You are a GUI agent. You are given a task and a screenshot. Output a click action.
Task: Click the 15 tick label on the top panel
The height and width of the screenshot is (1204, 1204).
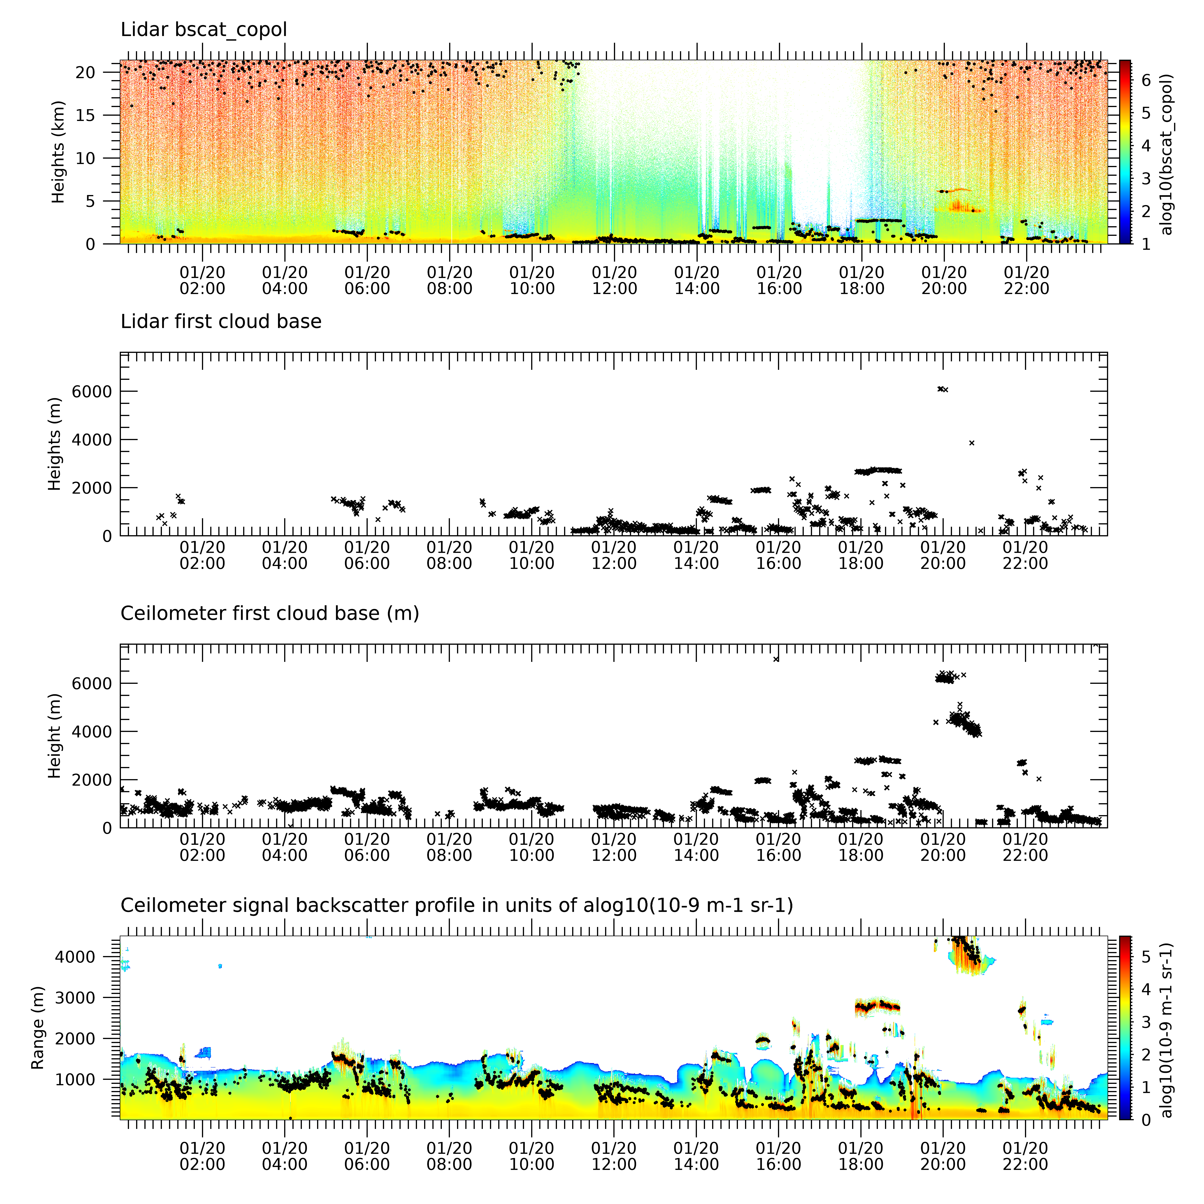(x=85, y=115)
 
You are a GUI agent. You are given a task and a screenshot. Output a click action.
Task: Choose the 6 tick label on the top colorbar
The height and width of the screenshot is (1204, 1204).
(x=1145, y=80)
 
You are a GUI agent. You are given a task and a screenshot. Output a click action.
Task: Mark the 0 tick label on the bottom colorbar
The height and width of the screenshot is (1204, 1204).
(x=1145, y=1120)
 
